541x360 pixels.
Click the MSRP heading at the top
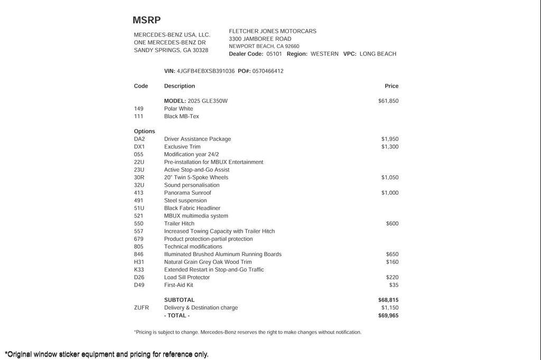coord(146,21)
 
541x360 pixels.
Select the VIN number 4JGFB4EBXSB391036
coord(206,71)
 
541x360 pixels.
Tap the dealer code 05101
coord(274,54)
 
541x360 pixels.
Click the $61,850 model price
coord(388,101)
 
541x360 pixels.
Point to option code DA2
coord(139,139)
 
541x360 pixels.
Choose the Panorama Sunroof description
coord(188,193)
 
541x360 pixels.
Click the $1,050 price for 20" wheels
coord(390,178)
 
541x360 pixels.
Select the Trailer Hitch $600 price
coord(392,224)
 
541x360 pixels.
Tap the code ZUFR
coord(142,308)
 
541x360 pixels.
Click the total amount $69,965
coord(388,316)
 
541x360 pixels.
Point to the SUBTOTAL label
coord(179,300)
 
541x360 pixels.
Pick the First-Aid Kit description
coord(179,285)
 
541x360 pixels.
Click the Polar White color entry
coord(179,109)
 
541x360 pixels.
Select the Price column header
coord(391,86)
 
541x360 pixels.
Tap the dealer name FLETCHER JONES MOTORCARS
coord(273,31)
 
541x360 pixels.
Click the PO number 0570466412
coord(268,71)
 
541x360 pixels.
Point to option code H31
coord(139,262)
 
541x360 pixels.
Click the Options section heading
coord(144,131)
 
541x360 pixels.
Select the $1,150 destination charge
coord(390,308)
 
